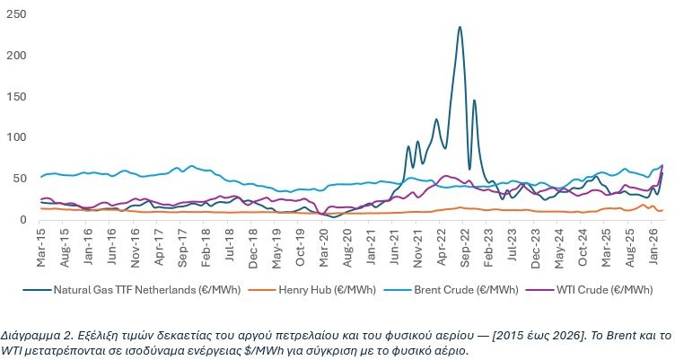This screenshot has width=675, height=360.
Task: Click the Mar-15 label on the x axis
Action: tap(41, 243)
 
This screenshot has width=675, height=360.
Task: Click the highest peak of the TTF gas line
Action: tap(460, 27)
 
